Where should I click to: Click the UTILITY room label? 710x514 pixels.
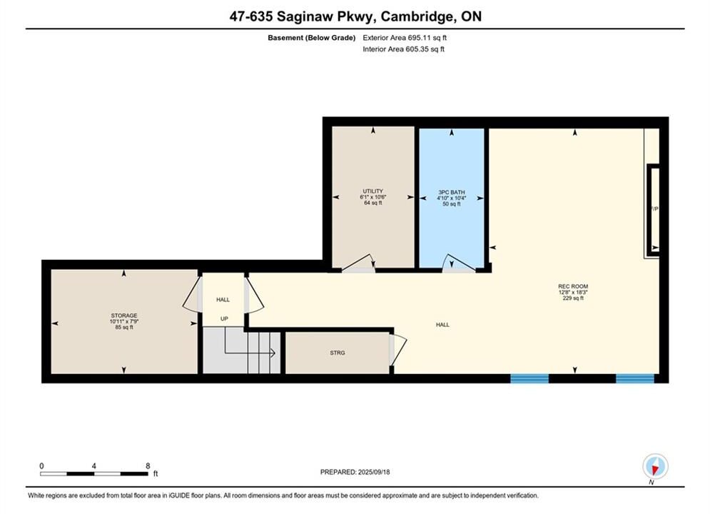click(x=372, y=191)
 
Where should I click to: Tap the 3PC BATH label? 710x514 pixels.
click(x=452, y=192)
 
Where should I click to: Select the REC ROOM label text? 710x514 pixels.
click(x=573, y=286)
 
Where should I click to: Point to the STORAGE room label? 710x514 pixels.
click(x=124, y=316)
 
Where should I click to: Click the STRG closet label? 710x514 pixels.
click(x=338, y=353)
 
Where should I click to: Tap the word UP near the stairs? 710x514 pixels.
click(x=224, y=319)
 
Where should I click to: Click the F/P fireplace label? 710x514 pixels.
click(x=655, y=208)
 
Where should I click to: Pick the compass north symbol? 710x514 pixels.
click(x=655, y=466)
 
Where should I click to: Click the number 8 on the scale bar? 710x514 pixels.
click(x=148, y=465)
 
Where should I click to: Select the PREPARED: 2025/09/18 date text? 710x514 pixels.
click(x=355, y=472)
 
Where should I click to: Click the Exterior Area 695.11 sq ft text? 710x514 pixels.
click(x=405, y=38)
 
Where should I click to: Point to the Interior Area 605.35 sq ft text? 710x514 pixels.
click(x=403, y=49)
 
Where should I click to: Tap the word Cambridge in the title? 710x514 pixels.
click(x=417, y=16)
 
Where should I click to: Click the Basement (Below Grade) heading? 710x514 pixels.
click(x=312, y=38)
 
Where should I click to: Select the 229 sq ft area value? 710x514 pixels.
click(x=573, y=298)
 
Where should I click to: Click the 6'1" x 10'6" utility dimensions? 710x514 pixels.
click(x=372, y=197)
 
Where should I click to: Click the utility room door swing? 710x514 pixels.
click(x=359, y=263)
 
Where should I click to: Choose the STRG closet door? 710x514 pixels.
click(x=398, y=350)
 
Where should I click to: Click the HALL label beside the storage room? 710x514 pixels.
click(x=223, y=300)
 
